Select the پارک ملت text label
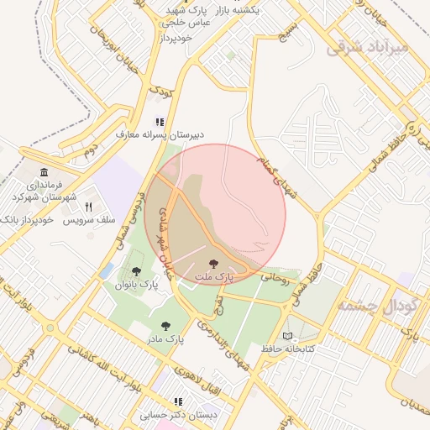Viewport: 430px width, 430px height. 214,276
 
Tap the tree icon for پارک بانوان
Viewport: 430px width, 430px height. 137,271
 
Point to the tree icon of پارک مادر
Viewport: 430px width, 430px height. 164,325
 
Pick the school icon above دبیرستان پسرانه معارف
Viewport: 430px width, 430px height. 160,121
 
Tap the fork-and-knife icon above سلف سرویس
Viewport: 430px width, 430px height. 87,206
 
